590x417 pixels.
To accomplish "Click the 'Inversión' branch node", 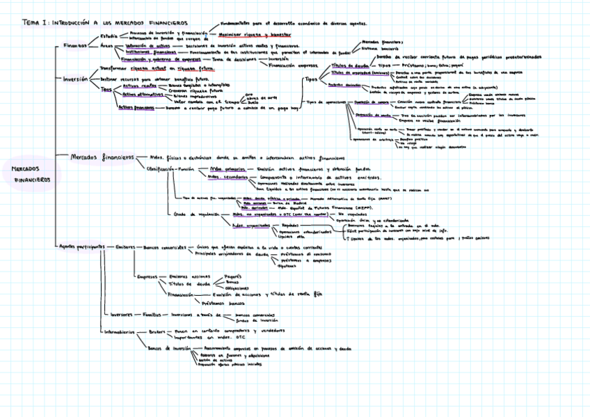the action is click(x=75, y=79).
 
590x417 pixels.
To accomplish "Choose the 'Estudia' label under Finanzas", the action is click(x=109, y=36).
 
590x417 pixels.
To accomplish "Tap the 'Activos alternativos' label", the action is click(x=143, y=93).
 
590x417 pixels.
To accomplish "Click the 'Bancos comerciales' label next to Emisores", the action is click(x=165, y=246).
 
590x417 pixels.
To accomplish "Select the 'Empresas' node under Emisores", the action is click(x=147, y=276).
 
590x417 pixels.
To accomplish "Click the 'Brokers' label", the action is click(x=158, y=331).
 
